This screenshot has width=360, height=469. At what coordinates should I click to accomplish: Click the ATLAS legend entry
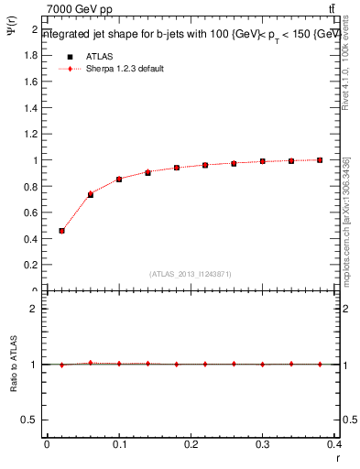(100, 56)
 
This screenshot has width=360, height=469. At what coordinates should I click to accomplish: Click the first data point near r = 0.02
(61, 231)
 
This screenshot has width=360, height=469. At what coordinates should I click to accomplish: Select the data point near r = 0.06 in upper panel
(90, 194)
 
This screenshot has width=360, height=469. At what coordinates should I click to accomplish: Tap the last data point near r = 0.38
(320, 160)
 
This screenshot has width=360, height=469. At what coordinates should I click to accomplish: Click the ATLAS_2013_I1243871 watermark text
(190, 274)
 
